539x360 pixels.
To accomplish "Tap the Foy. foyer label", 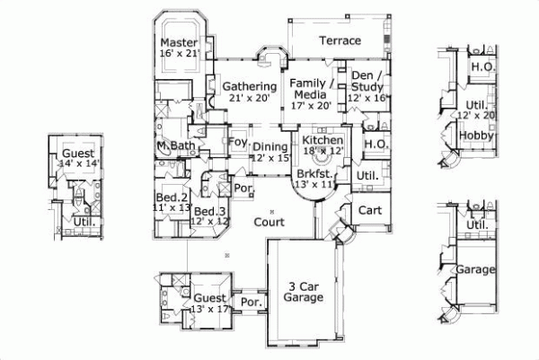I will pos(238,142).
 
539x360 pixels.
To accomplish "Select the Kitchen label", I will pos(321,142).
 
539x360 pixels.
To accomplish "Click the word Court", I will pos(269,221).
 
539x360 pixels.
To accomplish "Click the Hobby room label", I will pos(476,136).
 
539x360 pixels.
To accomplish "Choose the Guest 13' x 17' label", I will pos(209,303).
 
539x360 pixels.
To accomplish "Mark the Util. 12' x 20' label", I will pos(475,110).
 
